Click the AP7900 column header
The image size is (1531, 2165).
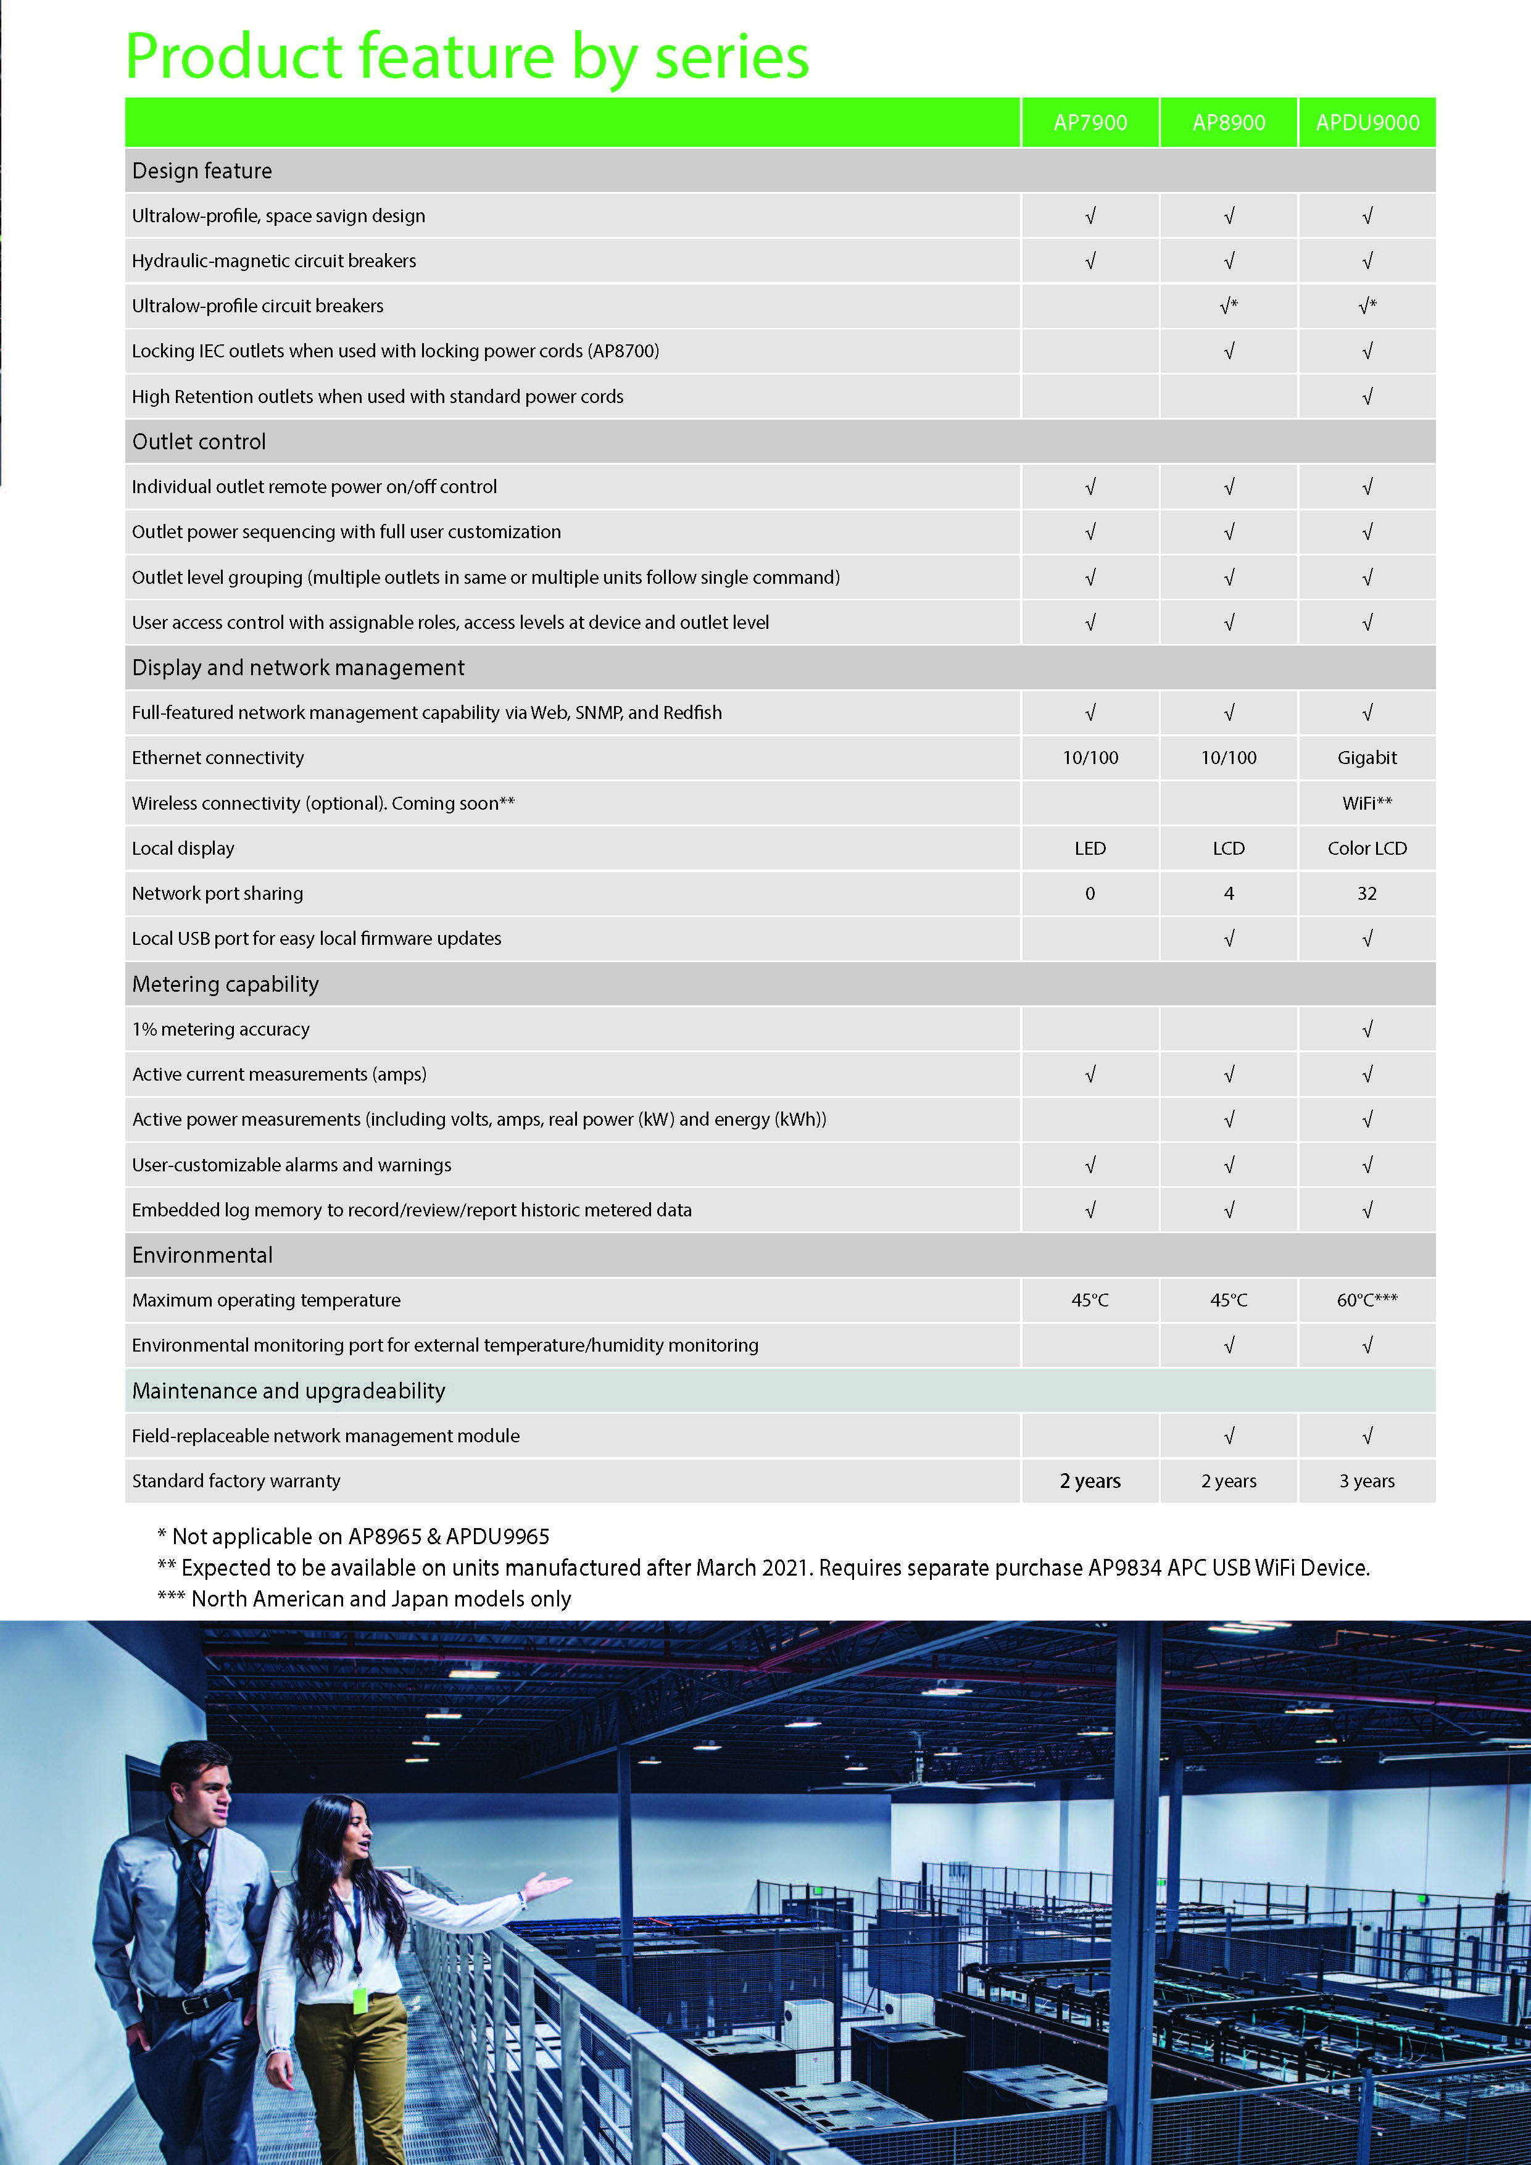[x=1090, y=123]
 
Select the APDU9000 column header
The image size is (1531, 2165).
[x=1367, y=123]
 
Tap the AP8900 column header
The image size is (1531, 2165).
[x=1229, y=123]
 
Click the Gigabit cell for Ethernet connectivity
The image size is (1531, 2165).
[x=1367, y=757]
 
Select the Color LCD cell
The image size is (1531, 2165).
[x=1367, y=848]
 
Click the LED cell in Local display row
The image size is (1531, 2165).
[x=1090, y=848]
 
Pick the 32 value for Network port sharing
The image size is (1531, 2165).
[x=1367, y=893]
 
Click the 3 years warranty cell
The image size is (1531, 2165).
[x=1367, y=1481]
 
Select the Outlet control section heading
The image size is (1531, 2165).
[x=199, y=441]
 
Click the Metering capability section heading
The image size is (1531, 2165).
[x=225, y=984]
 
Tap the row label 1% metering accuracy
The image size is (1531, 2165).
[x=220, y=1029]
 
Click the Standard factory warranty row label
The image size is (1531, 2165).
[x=236, y=1481]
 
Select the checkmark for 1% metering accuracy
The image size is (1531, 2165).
[x=1367, y=1029]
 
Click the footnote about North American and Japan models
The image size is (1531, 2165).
[x=364, y=1598]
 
